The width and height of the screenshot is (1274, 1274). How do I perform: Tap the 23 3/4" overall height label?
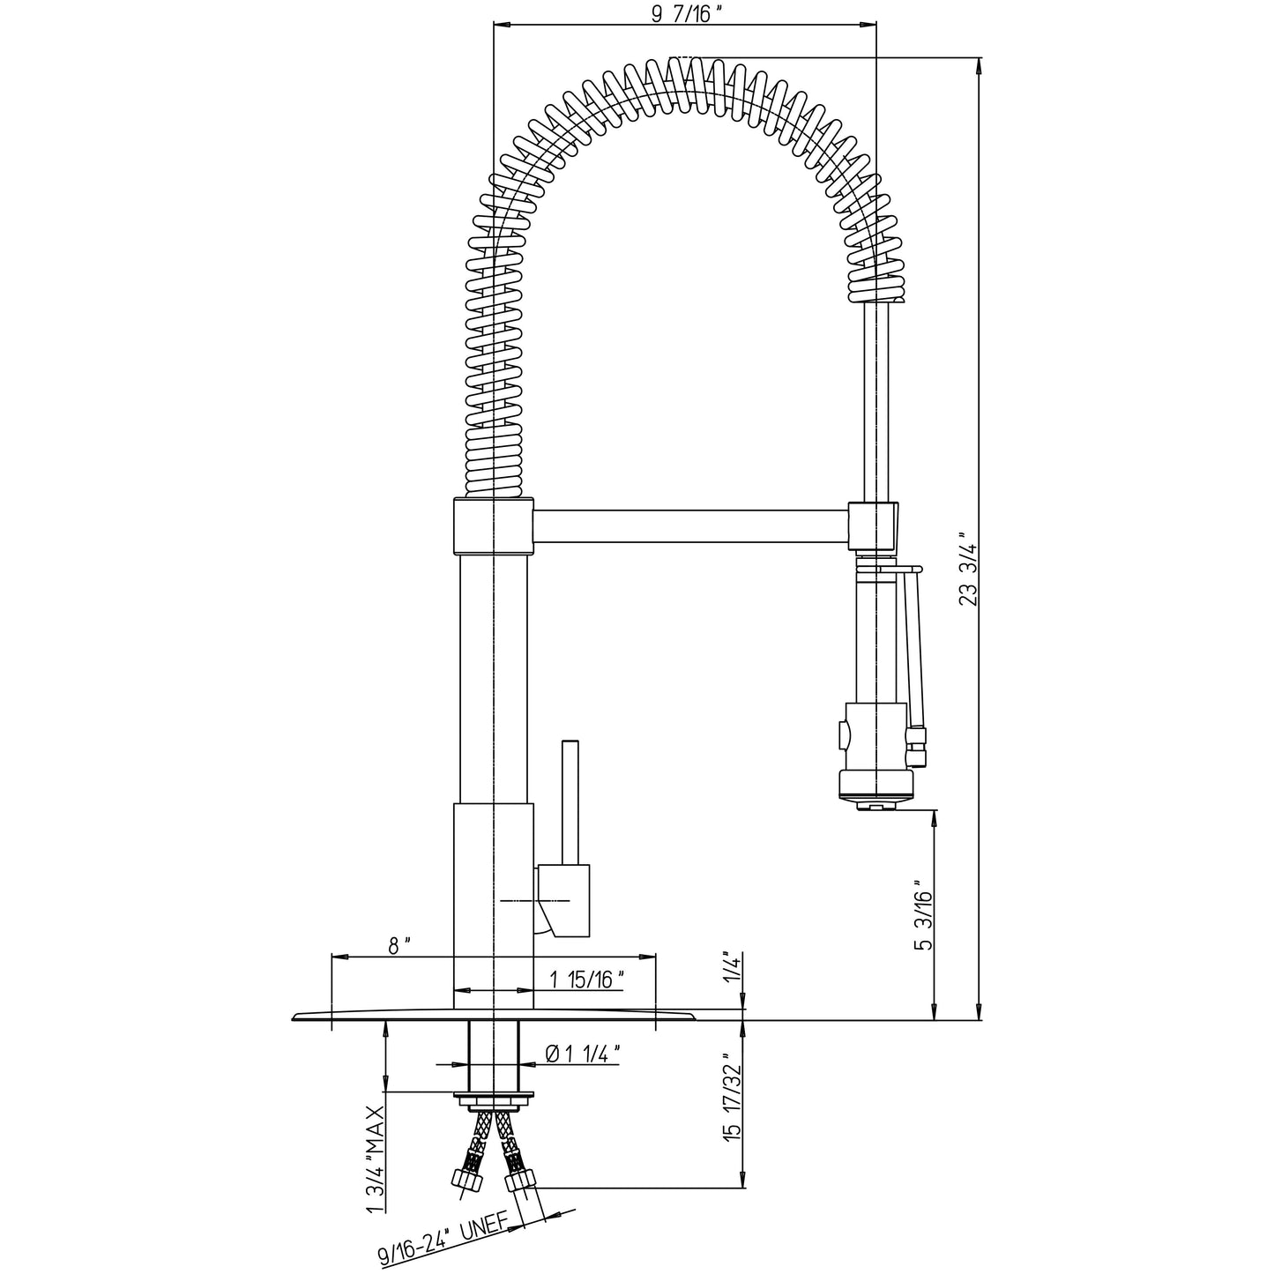pos(969,570)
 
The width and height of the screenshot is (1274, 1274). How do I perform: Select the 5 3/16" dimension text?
pos(923,916)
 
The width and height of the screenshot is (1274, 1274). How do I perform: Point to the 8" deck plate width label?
pos(399,946)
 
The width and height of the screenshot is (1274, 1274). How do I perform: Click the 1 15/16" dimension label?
pos(587,980)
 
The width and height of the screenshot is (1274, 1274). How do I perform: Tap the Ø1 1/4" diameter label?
pos(583,1054)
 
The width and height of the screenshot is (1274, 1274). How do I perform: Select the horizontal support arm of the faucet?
pos(690,526)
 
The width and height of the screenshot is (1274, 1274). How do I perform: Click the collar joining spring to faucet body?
pos(493,525)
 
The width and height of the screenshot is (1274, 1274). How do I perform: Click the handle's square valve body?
pos(562,900)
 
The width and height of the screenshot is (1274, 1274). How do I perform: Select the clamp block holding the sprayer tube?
pos(873,526)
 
